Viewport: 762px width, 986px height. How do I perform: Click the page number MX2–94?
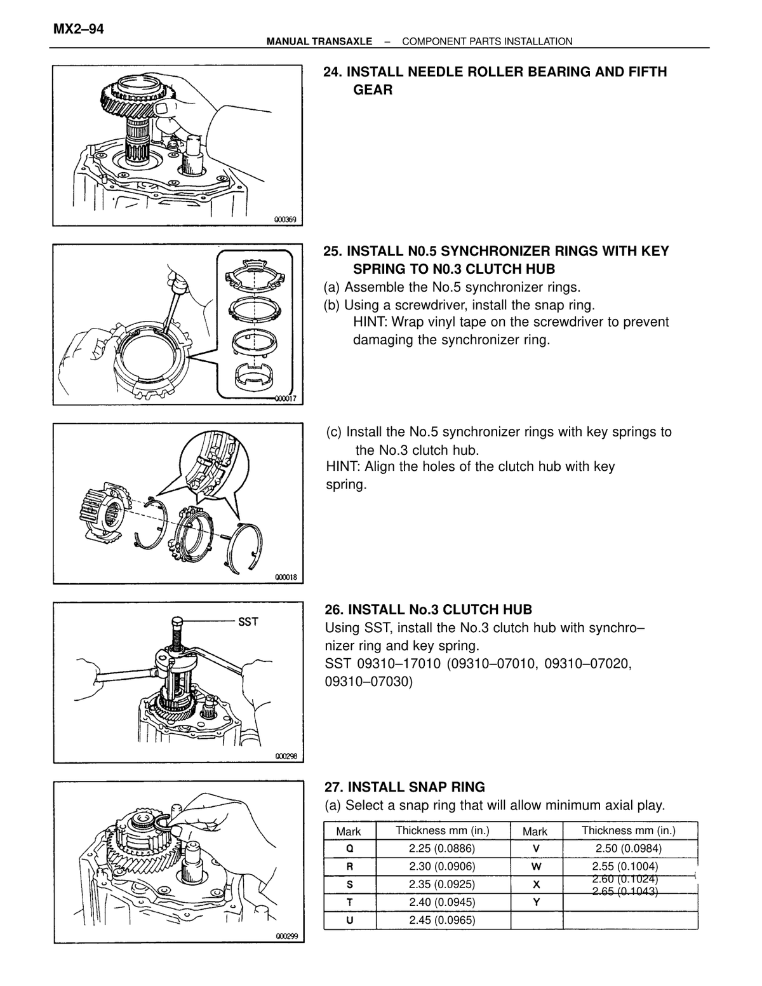[x=78, y=29]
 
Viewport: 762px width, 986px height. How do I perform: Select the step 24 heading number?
[x=333, y=72]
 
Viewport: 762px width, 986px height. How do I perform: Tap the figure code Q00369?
[x=285, y=220]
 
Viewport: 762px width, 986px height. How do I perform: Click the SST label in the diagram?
[x=248, y=621]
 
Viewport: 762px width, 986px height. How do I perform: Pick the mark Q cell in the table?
[x=349, y=848]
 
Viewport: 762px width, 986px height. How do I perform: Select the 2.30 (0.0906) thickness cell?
[x=442, y=866]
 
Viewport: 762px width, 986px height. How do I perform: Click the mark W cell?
[x=536, y=866]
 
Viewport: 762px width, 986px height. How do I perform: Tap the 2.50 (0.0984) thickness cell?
[x=629, y=848]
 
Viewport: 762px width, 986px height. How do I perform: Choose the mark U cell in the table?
[x=349, y=920]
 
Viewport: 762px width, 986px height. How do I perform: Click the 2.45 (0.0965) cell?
[x=442, y=920]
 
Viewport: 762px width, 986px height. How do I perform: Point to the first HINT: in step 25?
[x=370, y=322]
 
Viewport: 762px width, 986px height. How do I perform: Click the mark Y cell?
[x=536, y=902]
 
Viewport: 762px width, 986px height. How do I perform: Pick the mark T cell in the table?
[x=349, y=902]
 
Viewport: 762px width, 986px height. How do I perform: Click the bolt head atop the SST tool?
[x=178, y=620]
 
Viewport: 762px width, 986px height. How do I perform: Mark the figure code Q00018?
[x=286, y=577]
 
